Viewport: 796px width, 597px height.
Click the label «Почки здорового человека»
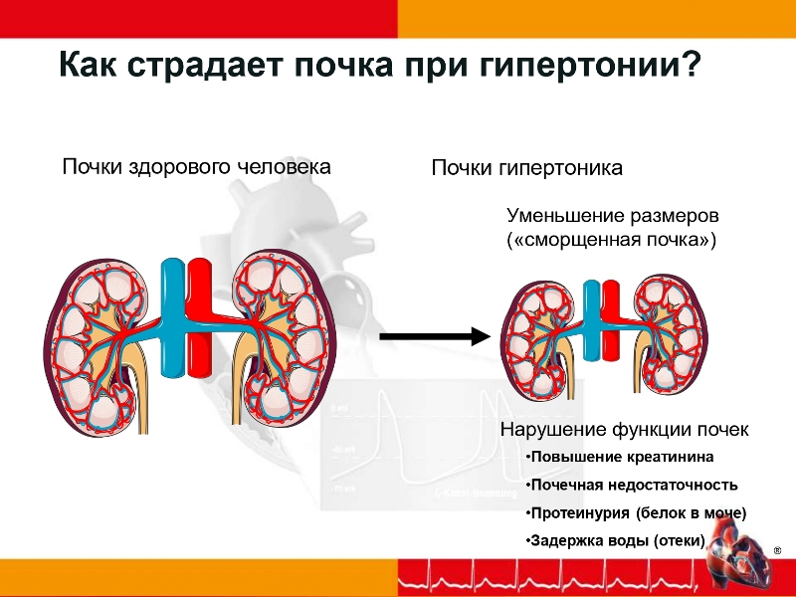tap(196, 167)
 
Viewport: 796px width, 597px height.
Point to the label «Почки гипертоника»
tap(527, 167)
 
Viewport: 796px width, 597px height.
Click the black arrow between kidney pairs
tap(435, 335)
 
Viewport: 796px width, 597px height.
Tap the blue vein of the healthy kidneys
tap(172, 317)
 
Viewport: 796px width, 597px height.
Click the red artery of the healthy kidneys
tap(199, 317)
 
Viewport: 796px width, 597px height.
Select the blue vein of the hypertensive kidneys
tap(591, 319)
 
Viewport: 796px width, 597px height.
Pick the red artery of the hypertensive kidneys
tap(610, 319)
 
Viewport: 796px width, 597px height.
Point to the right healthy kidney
tap(285, 337)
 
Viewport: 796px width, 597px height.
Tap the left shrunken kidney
tap(539, 341)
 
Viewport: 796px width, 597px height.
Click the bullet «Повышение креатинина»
tap(620, 457)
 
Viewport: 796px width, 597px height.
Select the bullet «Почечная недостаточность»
tap(632, 485)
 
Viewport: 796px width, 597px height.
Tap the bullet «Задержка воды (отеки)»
tap(616, 540)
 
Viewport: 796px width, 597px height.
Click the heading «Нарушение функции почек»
tap(625, 430)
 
